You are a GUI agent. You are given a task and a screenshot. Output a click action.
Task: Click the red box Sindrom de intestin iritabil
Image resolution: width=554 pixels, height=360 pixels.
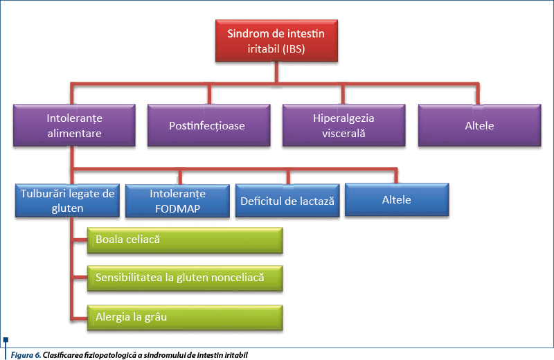pyautogui.click(x=276, y=41)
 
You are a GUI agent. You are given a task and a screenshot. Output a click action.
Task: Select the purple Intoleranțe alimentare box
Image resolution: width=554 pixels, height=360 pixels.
pyautogui.click(x=74, y=125)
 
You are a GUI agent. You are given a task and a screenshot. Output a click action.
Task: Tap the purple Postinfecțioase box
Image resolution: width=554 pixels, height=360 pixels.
pyautogui.click(x=207, y=125)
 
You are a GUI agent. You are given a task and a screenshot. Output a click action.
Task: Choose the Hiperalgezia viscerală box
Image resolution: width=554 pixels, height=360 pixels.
pyautogui.click(x=343, y=125)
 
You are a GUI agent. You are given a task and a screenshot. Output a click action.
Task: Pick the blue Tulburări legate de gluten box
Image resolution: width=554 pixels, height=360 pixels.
pyautogui.click(x=67, y=201)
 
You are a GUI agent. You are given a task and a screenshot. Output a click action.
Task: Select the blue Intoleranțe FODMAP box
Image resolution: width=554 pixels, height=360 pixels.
pyautogui.click(x=177, y=201)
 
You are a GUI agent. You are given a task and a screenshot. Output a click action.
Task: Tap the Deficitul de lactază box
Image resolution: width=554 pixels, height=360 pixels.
pyautogui.click(x=287, y=201)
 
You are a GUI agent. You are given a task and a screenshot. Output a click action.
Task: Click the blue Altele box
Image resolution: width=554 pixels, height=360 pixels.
pyautogui.click(x=397, y=199)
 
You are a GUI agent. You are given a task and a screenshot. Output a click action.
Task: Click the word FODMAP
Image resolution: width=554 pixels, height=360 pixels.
pyautogui.click(x=177, y=208)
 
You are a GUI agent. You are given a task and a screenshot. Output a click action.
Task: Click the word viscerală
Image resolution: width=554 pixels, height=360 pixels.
pyautogui.click(x=343, y=133)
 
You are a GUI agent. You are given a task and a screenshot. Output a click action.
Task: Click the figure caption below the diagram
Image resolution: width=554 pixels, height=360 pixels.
pyautogui.click(x=128, y=354)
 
